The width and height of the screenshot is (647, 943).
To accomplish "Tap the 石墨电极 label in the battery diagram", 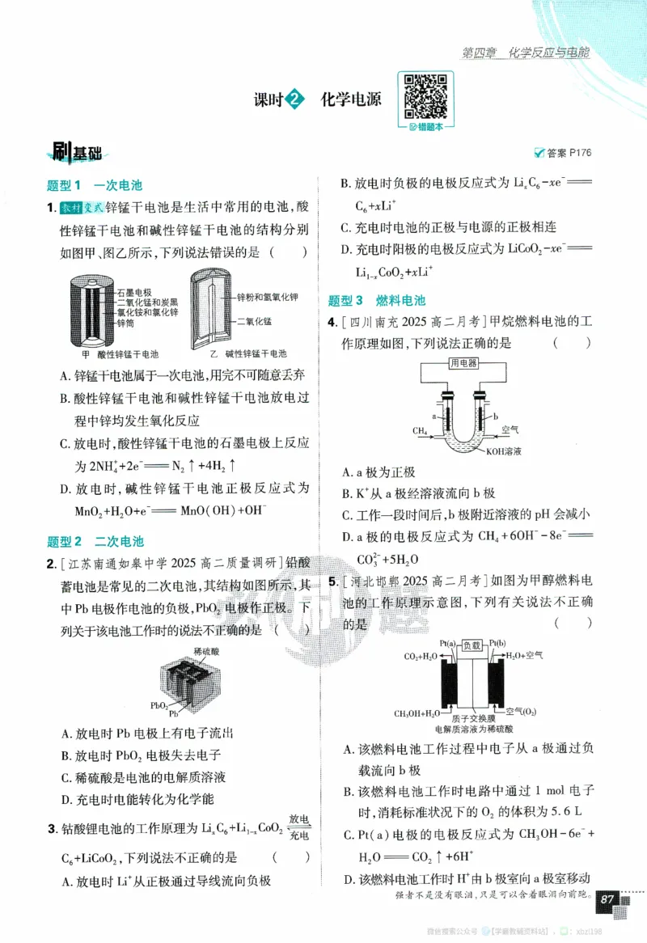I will pos(135,291).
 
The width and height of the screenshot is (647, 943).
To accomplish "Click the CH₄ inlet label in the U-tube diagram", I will pos(421,431).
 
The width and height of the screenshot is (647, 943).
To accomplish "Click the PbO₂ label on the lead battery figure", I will pos(160,705).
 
